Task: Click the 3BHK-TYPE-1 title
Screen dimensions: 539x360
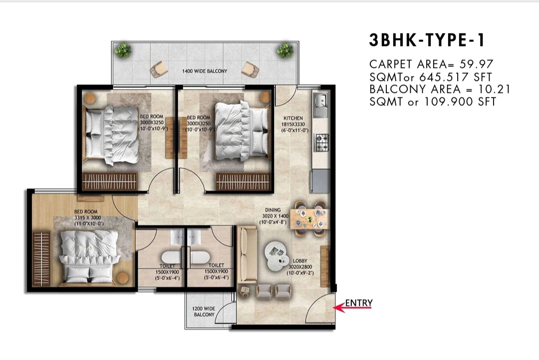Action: point(427,40)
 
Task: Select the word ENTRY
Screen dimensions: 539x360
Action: point(359,303)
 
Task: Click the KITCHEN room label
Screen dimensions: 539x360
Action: point(293,118)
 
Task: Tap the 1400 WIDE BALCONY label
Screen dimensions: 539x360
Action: point(205,71)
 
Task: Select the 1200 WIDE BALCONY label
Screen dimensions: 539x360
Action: point(204,312)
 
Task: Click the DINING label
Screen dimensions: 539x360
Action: point(272,210)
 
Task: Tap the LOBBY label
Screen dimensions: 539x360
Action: point(300,261)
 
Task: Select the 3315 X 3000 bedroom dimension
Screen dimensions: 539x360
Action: point(88,218)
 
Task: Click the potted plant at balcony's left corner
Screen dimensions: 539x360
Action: point(123,50)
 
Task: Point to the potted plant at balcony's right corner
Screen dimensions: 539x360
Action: point(285,50)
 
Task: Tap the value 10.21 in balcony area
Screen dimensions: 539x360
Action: point(494,89)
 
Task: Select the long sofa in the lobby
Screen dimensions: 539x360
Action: point(247,255)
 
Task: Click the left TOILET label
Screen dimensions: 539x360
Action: point(167,266)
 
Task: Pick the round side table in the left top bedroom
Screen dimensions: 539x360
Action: point(90,99)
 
